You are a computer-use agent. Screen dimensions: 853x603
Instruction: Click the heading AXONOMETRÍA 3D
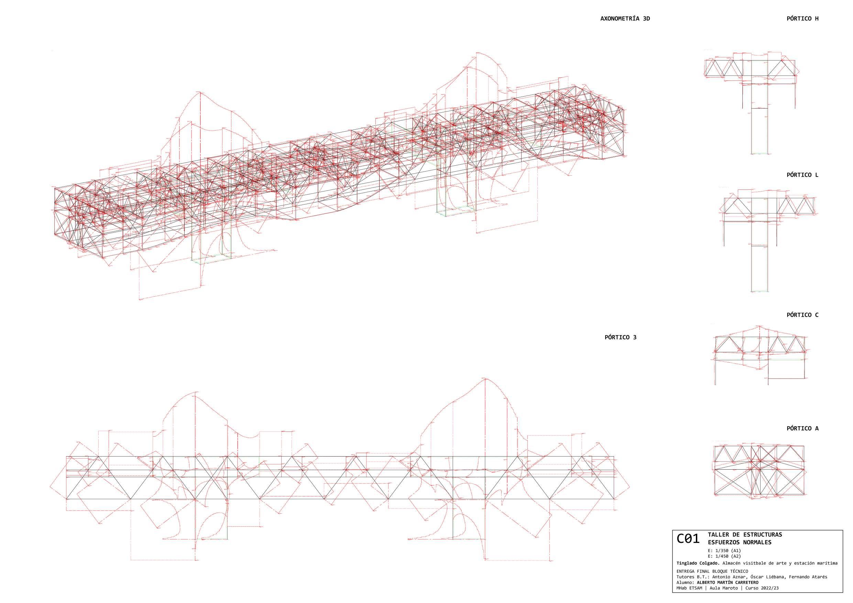[x=625, y=19]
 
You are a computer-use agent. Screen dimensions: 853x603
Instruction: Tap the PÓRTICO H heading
[x=802, y=19]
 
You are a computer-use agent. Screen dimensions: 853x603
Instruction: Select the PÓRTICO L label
[x=802, y=175]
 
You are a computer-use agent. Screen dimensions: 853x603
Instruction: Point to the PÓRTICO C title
[x=802, y=315]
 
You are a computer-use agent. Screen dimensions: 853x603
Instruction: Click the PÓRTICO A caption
[x=802, y=428]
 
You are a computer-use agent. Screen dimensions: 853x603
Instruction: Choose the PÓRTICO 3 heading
[x=621, y=337]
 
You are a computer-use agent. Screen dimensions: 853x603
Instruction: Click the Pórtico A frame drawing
[x=759, y=470]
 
